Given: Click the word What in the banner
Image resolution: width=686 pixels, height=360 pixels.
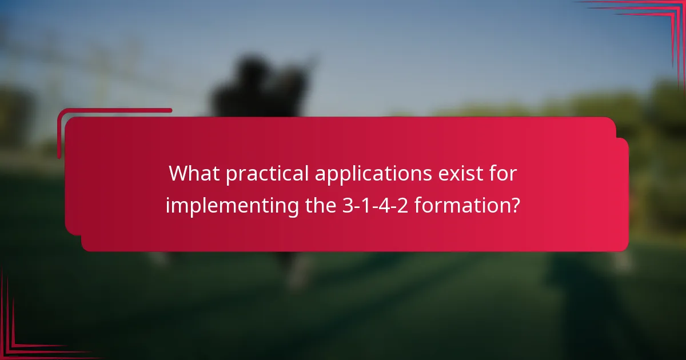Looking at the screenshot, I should coord(194,174).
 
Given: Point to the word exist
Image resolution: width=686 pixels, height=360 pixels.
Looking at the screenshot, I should coord(464,174).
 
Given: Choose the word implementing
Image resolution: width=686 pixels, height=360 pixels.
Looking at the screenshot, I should coord(233,206).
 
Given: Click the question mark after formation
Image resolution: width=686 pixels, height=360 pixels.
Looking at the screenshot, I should coord(515,205).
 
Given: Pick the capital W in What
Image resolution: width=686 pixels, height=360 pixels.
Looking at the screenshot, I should coord(179,174).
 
